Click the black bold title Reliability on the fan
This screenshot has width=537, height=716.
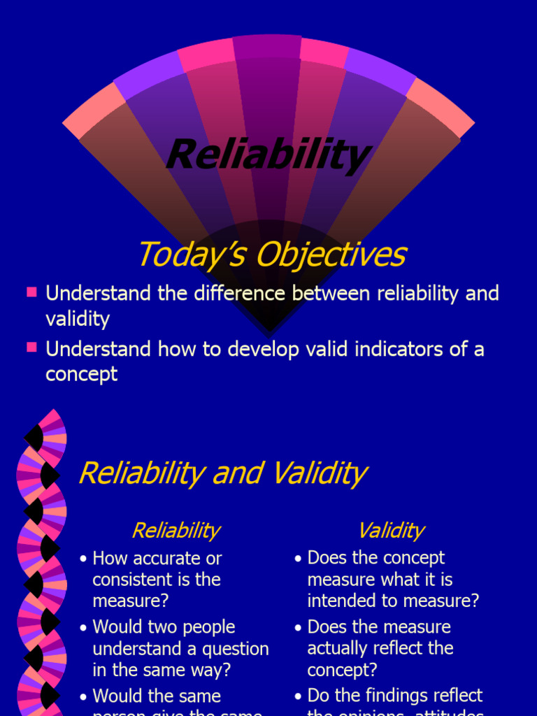pyautogui.click(x=268, y=155)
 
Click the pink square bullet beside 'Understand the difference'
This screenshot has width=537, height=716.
pyautogui.click(x=31, y=292)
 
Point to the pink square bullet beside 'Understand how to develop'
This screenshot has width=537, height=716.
pyautogui.click(x=31, y=348)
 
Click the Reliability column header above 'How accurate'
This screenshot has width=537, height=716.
pyautogui.click(x=176, y=531)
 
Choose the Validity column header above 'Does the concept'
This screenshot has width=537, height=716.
pyautogui.click(x=390, y=531)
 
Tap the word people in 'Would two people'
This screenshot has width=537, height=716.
pyautogui.click(x=205, y=627)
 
